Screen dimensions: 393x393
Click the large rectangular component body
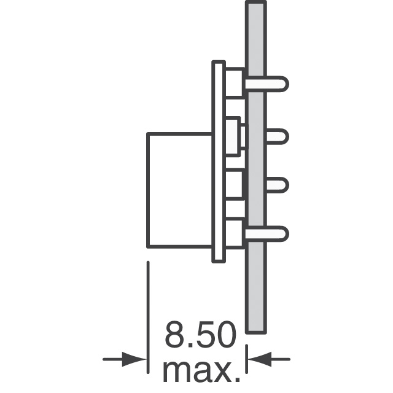(180, 190)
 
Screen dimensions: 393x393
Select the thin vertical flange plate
(219, 161)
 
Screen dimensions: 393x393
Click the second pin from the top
(278, 136)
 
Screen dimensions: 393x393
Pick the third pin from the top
(278, 185)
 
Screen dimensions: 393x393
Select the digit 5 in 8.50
(204, 334)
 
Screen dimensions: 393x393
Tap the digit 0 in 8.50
(225, 334)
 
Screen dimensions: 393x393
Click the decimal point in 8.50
(191, 345)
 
